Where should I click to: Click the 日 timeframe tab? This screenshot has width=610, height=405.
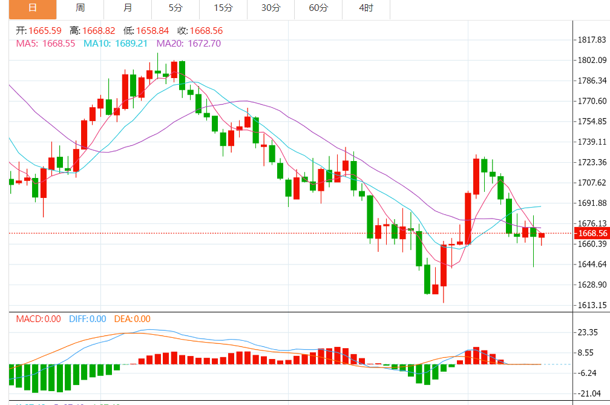pos(32,8)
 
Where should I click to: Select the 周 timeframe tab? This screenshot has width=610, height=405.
pos(80,8)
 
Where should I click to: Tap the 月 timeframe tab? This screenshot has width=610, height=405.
pos(127,8)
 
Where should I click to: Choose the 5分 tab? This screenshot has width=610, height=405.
pos(175,8)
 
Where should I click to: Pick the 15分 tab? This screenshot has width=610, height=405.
pos(223,8)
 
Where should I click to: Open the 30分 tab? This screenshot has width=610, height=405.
pos(271,8)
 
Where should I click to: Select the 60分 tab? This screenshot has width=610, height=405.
pos(318,8)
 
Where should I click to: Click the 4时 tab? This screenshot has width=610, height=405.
pos(366,8)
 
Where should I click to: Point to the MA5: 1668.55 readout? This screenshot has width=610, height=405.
pos(45,44)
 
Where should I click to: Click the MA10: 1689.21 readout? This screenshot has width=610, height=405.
pos(116,44)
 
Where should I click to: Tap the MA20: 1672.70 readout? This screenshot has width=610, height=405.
pos(189,44)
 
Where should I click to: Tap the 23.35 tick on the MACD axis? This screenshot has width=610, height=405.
pos(589,332)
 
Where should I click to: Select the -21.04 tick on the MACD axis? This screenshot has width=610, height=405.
pos(589,393)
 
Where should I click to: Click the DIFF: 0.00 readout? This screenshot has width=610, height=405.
pos(88,319)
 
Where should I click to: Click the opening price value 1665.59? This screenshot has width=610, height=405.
pos(45,31)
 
